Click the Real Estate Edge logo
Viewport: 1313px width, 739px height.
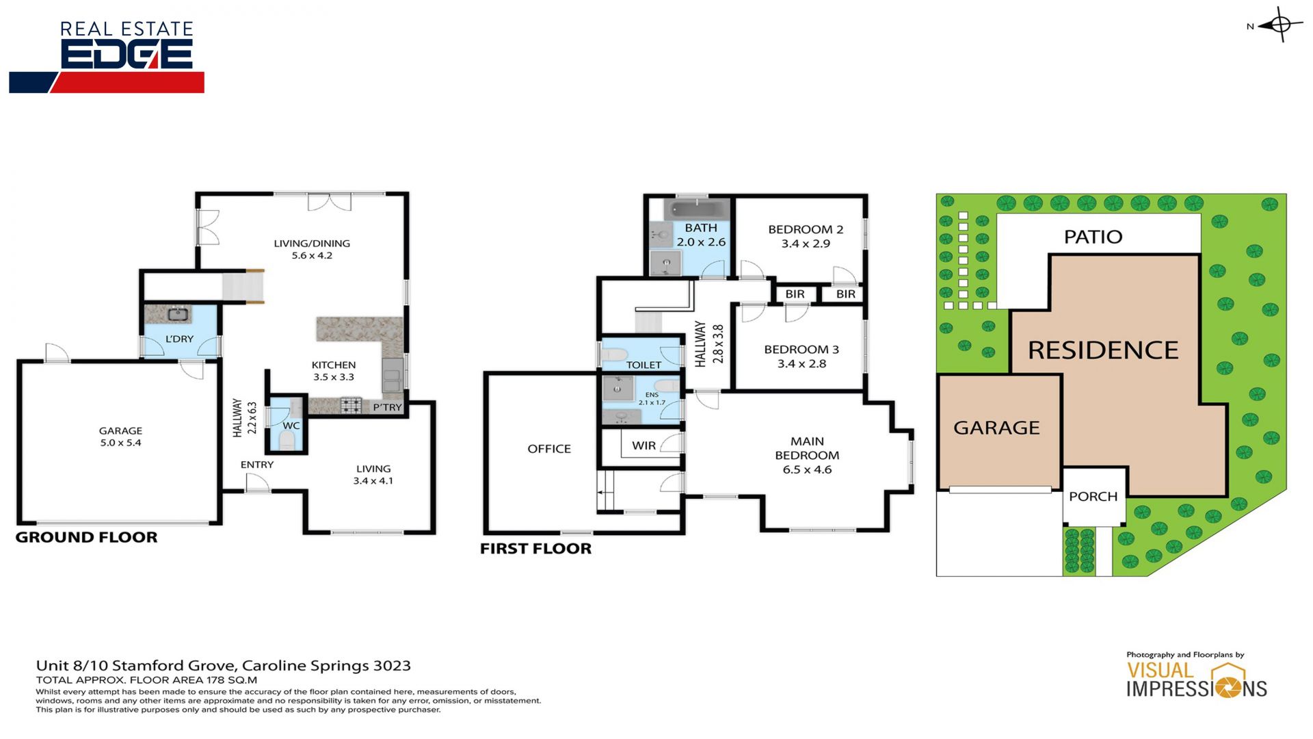(x=107, y=57)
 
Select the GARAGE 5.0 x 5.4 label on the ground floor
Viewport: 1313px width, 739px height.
(x=120, y=437)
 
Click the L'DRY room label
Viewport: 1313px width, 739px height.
(x=179, y=339)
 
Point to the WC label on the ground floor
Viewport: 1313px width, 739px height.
(x=291, y=426)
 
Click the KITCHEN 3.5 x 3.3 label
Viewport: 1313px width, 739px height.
(x=334, y=371)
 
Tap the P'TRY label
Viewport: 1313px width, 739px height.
(x=387, y=407)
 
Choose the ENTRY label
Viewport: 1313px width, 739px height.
(x=257, y=465)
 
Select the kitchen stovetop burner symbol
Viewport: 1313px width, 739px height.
(x=352, y=406)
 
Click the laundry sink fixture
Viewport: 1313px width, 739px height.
(x=179, y=314)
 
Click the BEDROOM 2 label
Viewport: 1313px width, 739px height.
(x=806, y=229)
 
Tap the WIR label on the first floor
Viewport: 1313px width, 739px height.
(x=644, y=445)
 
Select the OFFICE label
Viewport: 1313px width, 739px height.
(x=549, y=449)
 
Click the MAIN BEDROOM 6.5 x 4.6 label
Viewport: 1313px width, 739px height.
(x=807, y=455)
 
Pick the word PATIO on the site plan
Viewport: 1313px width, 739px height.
(x=1093, y=237)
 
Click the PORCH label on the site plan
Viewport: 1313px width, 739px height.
(x=1093, y=496)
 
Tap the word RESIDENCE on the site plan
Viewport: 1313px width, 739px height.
(x=1103, y=350)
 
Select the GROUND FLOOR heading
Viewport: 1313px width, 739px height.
(x=86, y=537)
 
